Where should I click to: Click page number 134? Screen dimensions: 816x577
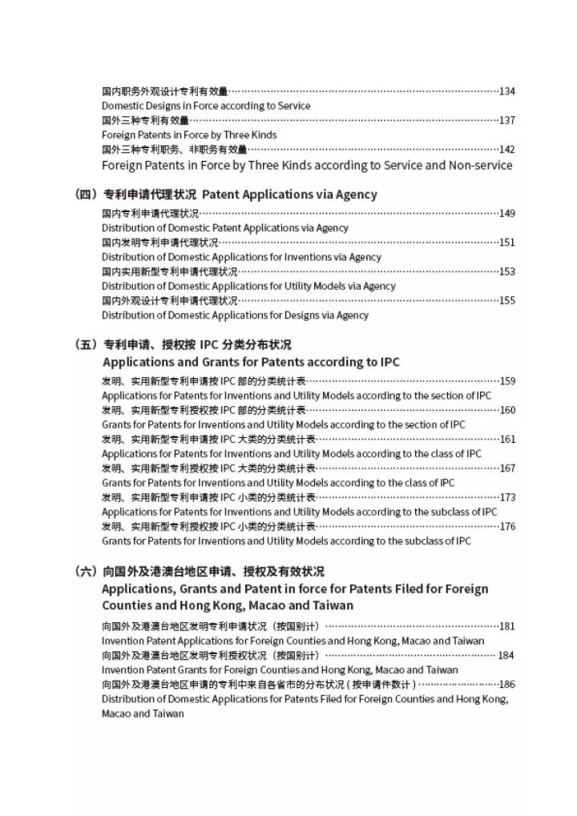506,91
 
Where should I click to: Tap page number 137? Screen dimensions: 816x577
506,120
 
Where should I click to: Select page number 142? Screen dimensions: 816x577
506,150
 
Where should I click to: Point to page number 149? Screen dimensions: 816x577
506,213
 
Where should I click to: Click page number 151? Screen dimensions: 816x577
506,243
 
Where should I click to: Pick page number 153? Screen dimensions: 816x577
506,271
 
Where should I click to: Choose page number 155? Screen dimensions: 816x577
506,301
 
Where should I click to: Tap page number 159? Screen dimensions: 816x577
506,381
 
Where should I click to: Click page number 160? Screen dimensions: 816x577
506,410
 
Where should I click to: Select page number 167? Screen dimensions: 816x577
506,468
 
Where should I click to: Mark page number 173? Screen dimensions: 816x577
506,497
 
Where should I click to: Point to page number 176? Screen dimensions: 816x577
506,527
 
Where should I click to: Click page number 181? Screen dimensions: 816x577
506,626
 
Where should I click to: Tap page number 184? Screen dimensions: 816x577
506,655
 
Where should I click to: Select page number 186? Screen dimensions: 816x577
506,685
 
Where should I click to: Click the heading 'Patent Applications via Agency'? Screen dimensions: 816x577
289,195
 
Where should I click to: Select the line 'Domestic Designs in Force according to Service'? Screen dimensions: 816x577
206,106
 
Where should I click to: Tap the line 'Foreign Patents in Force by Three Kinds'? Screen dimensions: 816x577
189,135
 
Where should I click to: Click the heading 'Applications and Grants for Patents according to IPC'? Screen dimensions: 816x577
251,362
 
